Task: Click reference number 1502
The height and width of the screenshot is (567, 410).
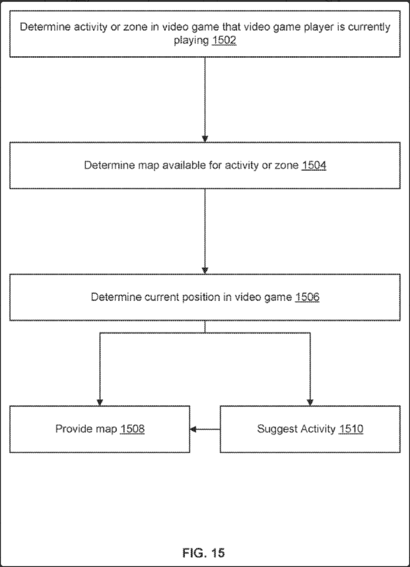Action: point(224,41)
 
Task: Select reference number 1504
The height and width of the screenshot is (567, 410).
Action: point(314,166)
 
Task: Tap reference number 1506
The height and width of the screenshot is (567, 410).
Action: point(307,297)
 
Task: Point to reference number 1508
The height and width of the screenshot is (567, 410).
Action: point(132,429)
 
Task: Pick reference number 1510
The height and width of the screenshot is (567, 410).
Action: point(350,429)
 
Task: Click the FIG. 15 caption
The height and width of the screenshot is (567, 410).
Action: point(203,553)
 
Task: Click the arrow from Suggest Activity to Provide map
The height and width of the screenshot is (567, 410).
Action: point(205,429)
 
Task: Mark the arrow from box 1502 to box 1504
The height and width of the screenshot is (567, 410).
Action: point(205,98)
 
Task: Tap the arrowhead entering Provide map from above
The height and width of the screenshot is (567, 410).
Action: point(100,401)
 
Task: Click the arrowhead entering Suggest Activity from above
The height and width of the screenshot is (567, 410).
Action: point(310,401)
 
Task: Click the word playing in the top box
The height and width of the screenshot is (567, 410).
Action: point(191,41)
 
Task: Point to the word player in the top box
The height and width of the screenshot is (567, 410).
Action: point(311,27)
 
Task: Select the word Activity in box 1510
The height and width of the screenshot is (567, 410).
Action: point(318,429)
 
